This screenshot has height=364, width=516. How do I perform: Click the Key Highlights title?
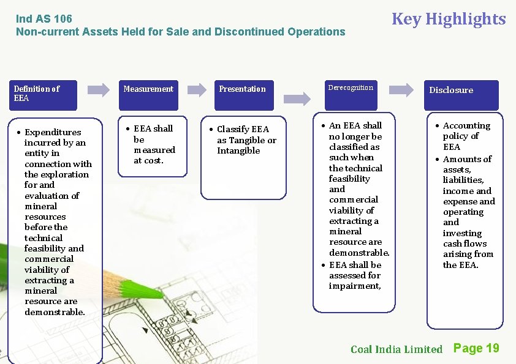point(448,19)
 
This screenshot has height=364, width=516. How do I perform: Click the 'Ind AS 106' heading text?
point(44,19)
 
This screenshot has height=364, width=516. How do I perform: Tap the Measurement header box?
point(148,89)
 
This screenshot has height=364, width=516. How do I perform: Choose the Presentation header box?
point(243,89)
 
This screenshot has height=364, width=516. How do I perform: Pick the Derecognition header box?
point(351,88)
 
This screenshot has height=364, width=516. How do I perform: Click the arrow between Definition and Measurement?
point(99,90)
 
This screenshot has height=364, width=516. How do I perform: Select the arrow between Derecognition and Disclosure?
point(401,90)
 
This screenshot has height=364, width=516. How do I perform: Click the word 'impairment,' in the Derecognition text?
point(355,286)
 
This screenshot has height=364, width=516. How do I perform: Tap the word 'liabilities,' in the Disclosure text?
point(463,180)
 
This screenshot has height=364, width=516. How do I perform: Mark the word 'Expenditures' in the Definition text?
point(53,132)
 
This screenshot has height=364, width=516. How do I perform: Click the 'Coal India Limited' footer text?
point(396,349)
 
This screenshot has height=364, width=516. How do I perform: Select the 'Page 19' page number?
point(476,348)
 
